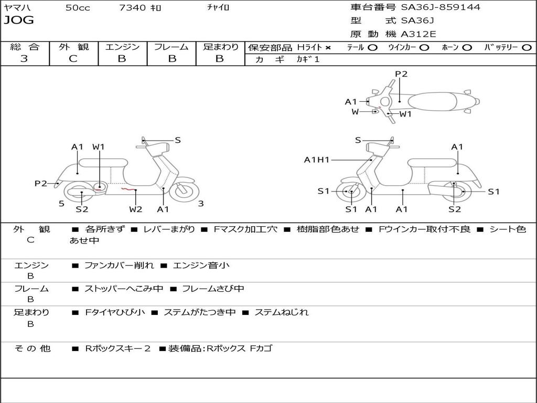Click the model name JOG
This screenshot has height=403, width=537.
tap(19, 21)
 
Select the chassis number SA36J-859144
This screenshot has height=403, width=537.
tap(441, 7)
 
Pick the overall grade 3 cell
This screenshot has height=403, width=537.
tap(24, 59)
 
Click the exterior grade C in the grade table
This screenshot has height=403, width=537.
tap(73, 59)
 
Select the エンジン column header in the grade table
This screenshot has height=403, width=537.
tap(122, 47)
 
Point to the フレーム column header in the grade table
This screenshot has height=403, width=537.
tap(171, 47)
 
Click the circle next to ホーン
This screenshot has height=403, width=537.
tap(467, 48)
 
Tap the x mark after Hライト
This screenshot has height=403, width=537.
tap(328, 48)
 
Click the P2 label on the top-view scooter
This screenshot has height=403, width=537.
tap(401, 74)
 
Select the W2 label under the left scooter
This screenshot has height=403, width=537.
tap(136, 209)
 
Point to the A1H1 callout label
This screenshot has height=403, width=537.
tap(317, 160)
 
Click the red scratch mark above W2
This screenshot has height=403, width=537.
tap(127, 188)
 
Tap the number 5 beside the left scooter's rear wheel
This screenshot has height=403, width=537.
tap(61, 203)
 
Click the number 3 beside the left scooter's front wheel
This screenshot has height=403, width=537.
tap(201, 204)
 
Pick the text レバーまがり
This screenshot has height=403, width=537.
tap(169, 229)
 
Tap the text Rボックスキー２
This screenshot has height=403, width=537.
tap(118, 348)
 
